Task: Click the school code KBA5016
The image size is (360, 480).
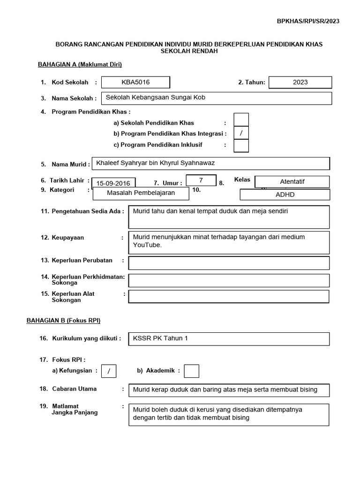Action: pos(135,82)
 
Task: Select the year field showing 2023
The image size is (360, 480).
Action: pos(300,82)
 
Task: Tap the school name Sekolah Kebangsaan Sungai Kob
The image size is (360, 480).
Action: pos(156,98)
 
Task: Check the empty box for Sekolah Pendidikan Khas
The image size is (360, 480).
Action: pos(241,120)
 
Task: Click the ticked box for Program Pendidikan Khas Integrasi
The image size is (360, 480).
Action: pos(241,133)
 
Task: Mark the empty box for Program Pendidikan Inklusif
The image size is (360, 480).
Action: pos(241,146)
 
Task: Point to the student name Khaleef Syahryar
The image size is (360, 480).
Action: pos(155,163)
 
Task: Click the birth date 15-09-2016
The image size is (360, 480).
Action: pos(114,183)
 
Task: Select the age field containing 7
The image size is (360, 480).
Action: pos(201,180)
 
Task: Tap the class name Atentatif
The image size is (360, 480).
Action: pos(292,182)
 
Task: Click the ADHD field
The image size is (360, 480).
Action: pos(285,195)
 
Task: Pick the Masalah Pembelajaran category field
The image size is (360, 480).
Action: pos(141,193)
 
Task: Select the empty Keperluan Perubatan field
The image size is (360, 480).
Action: pos(229,263)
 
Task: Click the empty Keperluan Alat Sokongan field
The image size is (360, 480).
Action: pos(229,297)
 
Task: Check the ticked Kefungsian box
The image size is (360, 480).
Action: pos(109,371)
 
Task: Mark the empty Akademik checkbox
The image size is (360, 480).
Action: pos(191,371)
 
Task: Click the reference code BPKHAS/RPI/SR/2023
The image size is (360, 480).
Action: pos(308,21)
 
